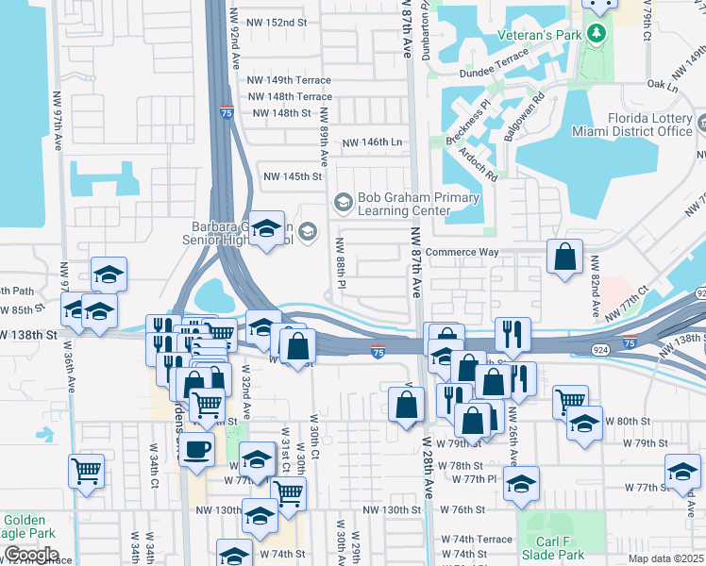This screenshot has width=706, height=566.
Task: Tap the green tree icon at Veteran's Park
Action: [x=596, y=35]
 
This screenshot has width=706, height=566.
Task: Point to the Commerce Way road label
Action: [x=462, y=252]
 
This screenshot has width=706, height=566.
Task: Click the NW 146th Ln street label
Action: [x=372, y=141]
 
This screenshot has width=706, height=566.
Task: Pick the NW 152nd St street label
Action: [x=277, y=22]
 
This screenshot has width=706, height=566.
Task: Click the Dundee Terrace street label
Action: [x=494, y=73]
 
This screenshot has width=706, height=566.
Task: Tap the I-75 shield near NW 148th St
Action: [x=227, y=111]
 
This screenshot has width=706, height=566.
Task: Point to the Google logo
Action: [x=30, y=555]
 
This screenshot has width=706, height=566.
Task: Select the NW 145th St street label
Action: [x=293, y=176]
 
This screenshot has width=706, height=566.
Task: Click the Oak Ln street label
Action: [x=664, y=86]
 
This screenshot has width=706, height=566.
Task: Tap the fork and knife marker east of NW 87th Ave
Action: [x=512, y=332]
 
